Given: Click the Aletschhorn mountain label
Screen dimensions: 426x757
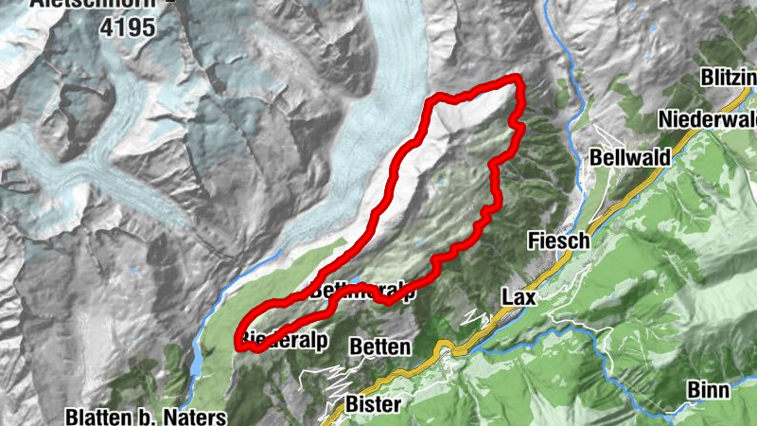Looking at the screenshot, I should [x=90, y=4].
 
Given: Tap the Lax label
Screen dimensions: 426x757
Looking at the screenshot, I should [x=519, y=297].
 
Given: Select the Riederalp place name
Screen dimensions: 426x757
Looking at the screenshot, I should [x=281, y=339].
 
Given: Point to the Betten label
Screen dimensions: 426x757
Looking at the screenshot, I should [x=379, y=347].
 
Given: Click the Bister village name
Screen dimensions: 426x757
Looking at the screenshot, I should [x=375, y=405].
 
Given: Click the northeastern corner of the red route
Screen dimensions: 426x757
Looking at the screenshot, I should [x=519, y=80].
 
